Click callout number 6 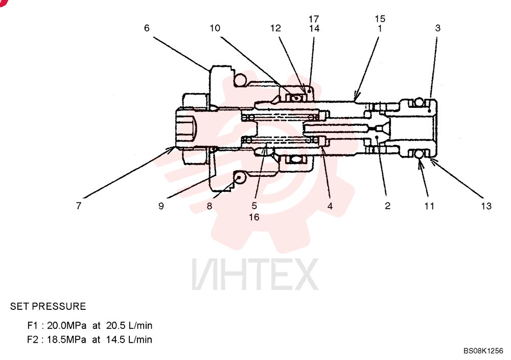coord(147,28)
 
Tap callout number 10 coord(215,28)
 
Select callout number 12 coord(275,28)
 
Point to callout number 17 coord(314,19)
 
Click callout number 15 coord(380,18)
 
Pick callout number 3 coord(438,28)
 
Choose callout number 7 coord(79,206)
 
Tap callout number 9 coord(161,206)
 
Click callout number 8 coord(209,206)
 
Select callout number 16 coord(254,217)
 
